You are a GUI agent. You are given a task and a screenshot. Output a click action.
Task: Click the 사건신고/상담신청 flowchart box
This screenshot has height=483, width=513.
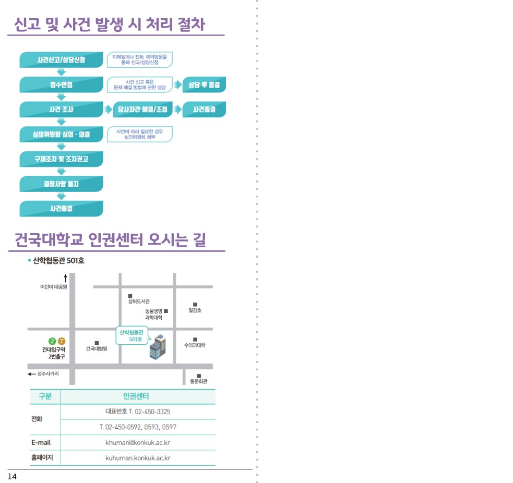click(61, 60)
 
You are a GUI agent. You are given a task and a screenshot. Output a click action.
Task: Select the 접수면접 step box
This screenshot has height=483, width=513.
click(61, 84)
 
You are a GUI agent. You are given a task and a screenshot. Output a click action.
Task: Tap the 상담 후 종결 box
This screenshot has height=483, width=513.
click(204, 84)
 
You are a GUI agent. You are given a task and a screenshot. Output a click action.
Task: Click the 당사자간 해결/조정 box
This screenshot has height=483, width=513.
click(142, 110)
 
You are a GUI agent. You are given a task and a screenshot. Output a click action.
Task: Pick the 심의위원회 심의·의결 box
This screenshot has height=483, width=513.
click(61, 135)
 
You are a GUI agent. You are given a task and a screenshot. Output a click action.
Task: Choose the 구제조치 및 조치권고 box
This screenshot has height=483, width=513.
click(61, 159)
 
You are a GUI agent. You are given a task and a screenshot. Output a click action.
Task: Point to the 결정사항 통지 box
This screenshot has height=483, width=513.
click(61, 184)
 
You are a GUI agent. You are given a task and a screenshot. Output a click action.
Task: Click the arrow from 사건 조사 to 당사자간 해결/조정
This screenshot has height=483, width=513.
click(108, 110)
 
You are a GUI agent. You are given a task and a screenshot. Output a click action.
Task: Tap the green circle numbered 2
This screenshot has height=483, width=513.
click(52, 341)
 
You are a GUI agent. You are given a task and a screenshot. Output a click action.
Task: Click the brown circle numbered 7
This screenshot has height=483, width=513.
click(62, 341)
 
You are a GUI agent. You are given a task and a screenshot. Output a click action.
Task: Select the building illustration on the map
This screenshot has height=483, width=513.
click(158, 347)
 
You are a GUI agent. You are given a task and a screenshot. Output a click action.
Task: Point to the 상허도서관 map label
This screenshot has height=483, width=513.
click(139, 301)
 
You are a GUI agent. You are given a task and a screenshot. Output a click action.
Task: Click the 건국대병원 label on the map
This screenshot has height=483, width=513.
click(97, 348)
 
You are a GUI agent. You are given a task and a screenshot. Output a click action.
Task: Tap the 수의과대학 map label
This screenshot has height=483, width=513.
click(195, 345)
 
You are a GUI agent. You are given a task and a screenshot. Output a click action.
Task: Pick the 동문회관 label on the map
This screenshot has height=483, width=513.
click(199, 381)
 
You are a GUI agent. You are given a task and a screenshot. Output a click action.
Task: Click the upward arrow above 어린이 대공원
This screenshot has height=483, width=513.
click(65, 279)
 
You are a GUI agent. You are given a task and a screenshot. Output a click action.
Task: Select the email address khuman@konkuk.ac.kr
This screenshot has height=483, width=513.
click(138, 442)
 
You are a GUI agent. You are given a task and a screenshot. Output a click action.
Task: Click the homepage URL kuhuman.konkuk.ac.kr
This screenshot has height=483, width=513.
click(138, 458)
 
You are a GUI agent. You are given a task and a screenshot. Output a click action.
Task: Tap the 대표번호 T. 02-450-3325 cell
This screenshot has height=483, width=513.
click(138, 412)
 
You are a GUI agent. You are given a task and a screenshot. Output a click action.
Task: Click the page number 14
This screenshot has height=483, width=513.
click(12, 476)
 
